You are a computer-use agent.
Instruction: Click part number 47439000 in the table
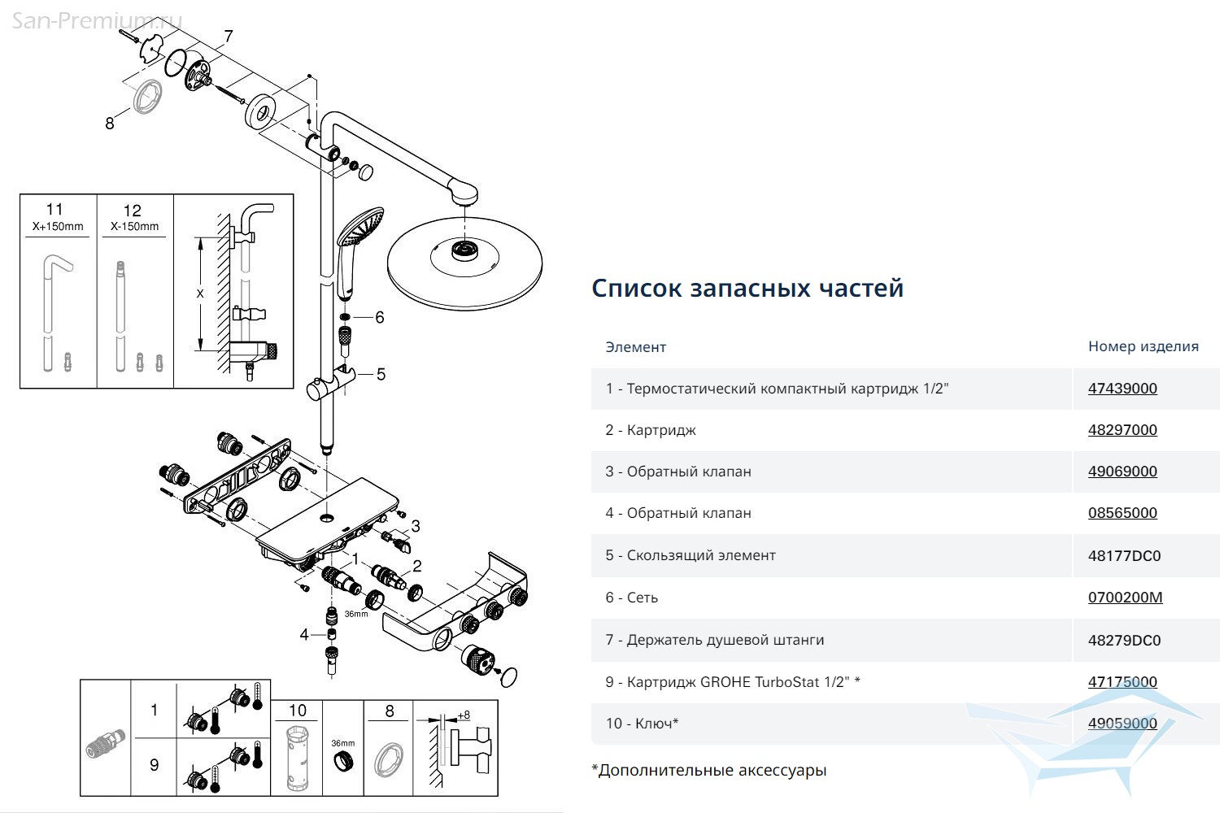(1122, 389)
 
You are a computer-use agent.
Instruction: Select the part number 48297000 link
(1122, 429)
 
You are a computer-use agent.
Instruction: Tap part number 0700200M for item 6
(1125, 598)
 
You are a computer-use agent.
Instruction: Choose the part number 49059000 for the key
(1122, 723)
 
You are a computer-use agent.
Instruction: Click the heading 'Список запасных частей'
(747, 288)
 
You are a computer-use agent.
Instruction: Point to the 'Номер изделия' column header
(1144, 346)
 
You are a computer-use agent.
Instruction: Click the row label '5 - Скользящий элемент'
(691, 555)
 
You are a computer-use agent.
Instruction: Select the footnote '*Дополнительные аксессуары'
(709, 770)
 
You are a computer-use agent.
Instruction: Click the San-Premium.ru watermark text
(97, 20)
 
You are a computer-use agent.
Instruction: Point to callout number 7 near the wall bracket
(229, 37)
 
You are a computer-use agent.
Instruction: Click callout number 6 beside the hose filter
(380, 317)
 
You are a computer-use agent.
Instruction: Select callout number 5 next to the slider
(381, 375)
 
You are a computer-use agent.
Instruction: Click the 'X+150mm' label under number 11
(58, 227)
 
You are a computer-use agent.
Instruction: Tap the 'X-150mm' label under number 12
(134, 227)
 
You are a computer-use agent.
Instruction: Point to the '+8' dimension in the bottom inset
(464, 715)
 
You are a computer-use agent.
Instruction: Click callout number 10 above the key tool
(298, 711)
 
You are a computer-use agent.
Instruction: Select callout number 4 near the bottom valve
(304, 635)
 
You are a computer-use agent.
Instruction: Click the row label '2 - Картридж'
(651, 430)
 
